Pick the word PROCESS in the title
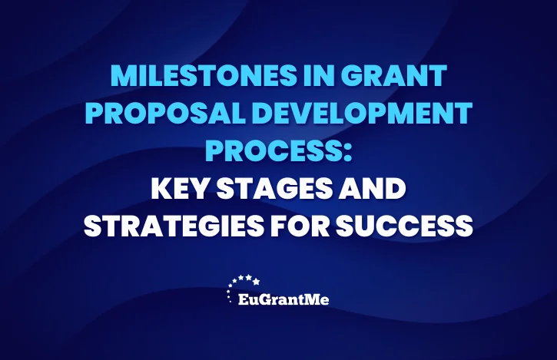click(x=273, y=150)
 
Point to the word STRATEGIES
click(x=174, y=226)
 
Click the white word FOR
click(x=300, y=226)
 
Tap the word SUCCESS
click(x=404, y=226)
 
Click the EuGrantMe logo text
click(x=283, y=299)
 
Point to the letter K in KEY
click(x=160, y=189)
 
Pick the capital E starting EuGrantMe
click(x=244, y=299)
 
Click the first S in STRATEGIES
click(x=93, y=226)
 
